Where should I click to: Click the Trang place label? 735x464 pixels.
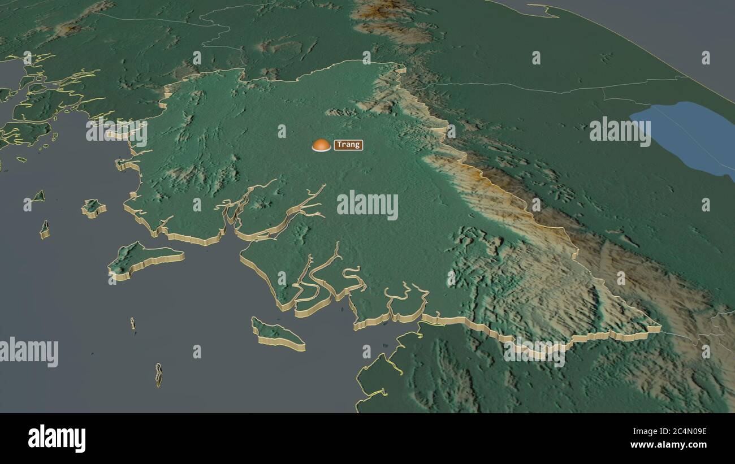click(348, 145)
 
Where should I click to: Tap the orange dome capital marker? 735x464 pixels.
click(321, 145)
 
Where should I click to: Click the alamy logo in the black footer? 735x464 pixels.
click(57, 439)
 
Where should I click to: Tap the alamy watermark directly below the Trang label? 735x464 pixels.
click(367, 205)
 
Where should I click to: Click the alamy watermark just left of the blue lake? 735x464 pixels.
click(620, 131)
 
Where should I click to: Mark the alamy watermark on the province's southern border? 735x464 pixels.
click(534, 352)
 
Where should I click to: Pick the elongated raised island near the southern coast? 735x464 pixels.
click(277, 335)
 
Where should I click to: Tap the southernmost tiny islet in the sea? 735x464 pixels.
click(158, 375)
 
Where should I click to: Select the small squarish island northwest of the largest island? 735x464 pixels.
click(94, 207)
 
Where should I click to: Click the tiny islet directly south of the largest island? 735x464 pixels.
click(133, 323)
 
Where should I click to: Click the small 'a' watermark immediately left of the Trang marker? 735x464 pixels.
click(282, 131)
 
